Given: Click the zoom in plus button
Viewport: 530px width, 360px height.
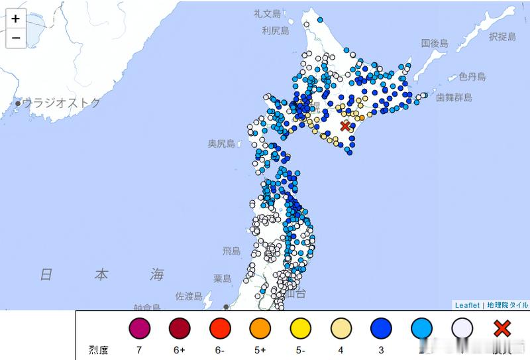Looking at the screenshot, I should [15, 19].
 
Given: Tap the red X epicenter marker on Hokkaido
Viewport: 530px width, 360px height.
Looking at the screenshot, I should [345, 126].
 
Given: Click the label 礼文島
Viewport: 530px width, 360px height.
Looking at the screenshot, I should [268, 13].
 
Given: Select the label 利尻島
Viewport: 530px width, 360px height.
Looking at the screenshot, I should [275, 30].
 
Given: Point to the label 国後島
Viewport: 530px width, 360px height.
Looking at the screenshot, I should [435, 43].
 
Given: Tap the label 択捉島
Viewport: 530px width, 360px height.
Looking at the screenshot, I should [502, 37].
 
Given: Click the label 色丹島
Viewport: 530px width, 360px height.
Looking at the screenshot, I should [472, 77].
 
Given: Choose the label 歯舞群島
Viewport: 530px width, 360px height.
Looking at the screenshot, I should [454, 97].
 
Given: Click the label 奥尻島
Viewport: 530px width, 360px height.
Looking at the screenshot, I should [221, 143].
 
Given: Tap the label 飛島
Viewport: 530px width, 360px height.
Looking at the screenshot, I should [231, 251].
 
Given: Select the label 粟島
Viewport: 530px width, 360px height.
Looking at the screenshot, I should [222, 278].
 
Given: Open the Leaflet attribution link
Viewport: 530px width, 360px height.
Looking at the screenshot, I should [468, 305].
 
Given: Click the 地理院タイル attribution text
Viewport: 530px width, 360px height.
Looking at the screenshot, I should [507, 305].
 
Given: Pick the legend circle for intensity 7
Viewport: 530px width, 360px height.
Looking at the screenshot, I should [140, 328].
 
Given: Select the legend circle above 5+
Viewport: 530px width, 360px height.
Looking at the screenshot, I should [260, 328].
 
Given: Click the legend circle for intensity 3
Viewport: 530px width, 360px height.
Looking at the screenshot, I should [382, 328].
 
